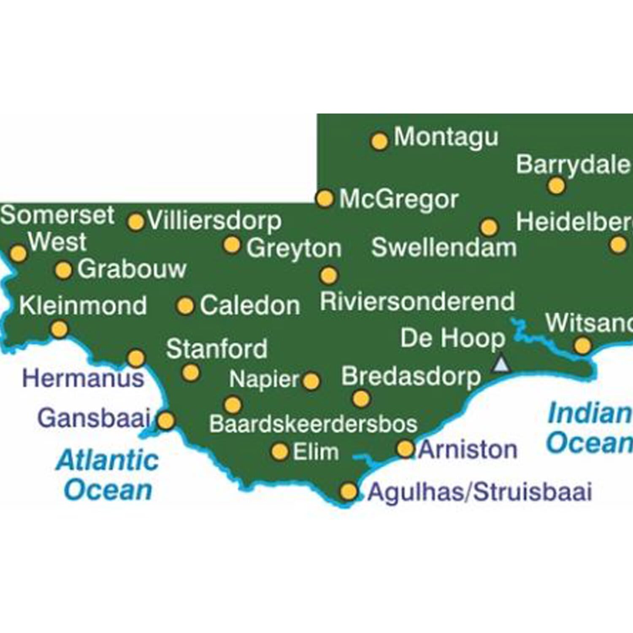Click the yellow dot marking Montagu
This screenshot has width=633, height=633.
pyautogui.click(x=379, y=141)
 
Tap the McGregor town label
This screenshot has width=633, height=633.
pyautogui.click(x=399, y=199)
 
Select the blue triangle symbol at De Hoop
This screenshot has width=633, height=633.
pyautogui.click(x=500, y=364)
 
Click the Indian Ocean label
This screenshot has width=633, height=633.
pyautogui.click(x=589, y=428)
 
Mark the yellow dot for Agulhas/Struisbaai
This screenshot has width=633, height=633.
pyautogui.click(x=349, y=492)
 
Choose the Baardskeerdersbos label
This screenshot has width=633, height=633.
pyautogui.click(x=313, y=424)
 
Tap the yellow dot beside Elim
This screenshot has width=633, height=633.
pyautogui.click(x=279, y=452)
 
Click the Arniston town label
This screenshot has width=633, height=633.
pyautogui.click(x=468, y=449)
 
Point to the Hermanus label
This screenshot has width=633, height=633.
pyautogui.click(x=83, y=378)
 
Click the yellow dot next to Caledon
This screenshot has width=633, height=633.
pyautogui.click(x=185, y=306)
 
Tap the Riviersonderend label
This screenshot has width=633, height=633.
pyautogui.click(x=417, y=302)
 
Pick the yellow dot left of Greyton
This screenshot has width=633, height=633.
pyautogui.click(x=231, y=245)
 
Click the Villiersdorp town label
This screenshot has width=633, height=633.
pyautogui.click(x=214, y=221)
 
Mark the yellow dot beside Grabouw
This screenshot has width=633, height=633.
pyautogui.click(x=64, y=270)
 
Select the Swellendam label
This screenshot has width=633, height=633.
pyautogui.click(x=444, y=247)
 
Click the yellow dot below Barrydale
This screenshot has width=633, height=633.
pyautogui.click(x=556, y=186)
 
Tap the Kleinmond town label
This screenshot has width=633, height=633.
pyautogui.click(x=83, y=306)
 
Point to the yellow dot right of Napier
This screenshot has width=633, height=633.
pyautogui.click(x=311, y=381)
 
